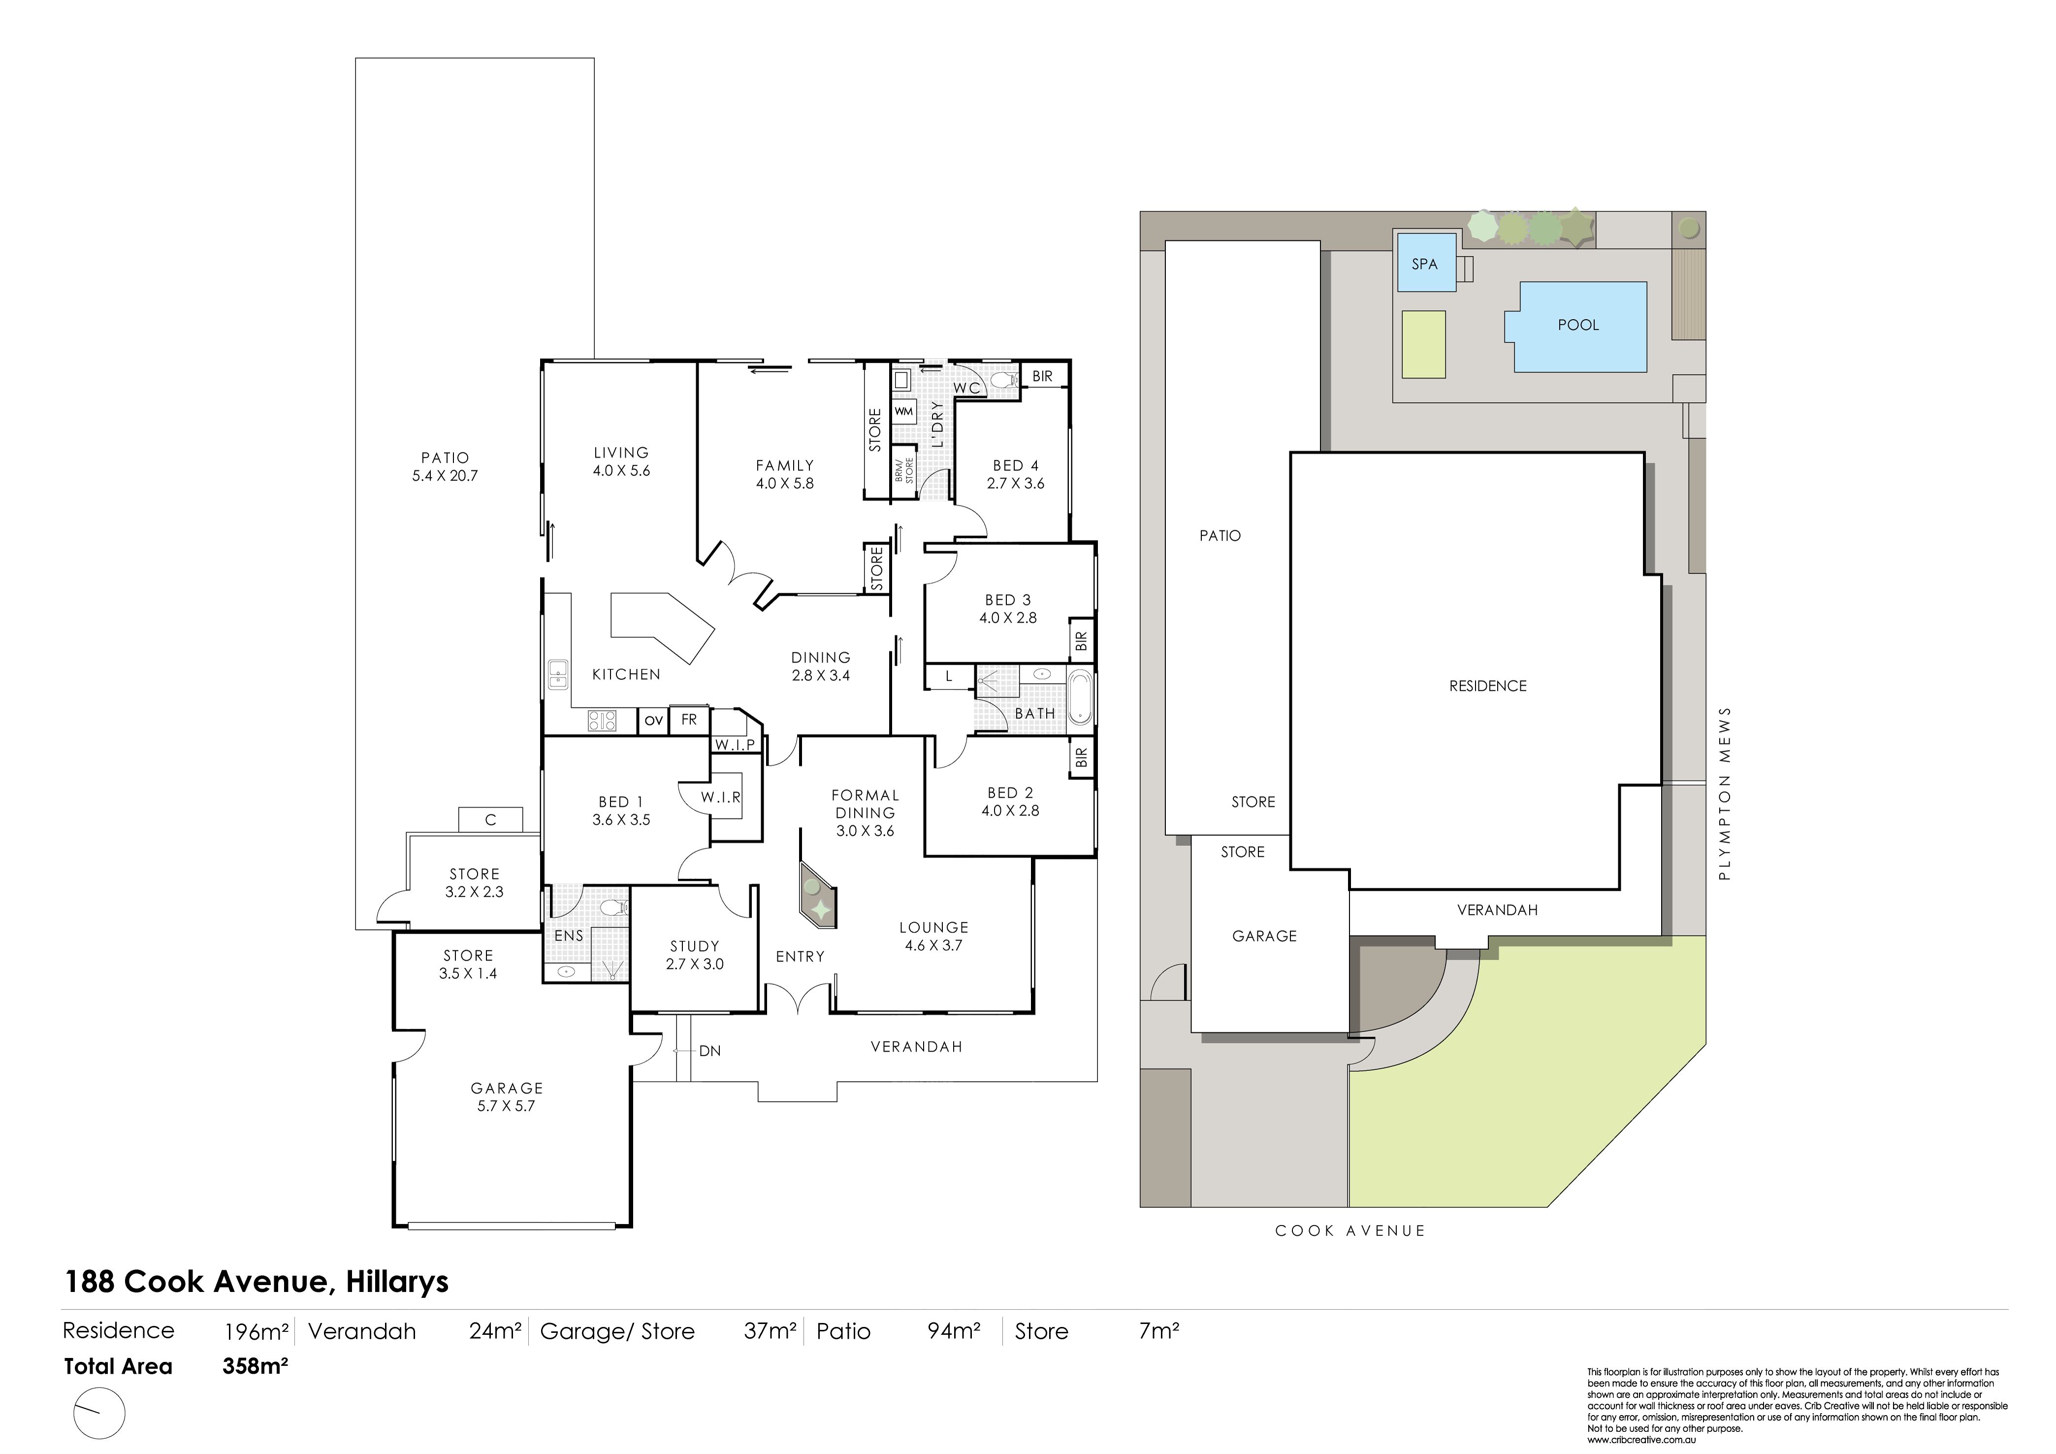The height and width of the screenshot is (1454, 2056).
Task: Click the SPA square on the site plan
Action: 1425,263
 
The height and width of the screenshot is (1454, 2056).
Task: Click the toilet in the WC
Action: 1004,381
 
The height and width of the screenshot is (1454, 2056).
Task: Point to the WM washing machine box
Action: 903,412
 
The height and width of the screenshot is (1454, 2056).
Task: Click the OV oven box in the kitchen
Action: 654,720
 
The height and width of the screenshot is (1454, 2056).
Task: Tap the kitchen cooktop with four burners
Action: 602,720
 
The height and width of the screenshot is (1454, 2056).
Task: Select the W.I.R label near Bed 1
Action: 721,797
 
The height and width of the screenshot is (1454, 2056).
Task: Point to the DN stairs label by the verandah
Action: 710,1051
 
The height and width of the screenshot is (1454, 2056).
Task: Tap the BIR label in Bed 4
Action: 1042,376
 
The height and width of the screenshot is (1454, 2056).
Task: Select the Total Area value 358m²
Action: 255,1366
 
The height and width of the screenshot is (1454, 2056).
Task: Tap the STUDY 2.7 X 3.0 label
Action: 695,955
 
